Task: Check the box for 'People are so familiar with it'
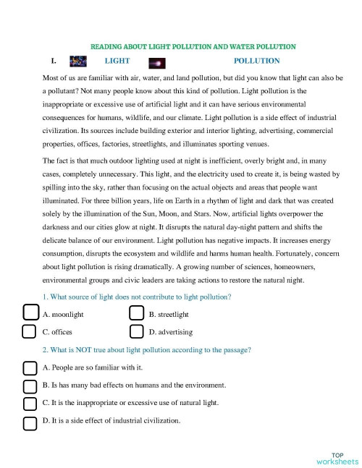(30, 367)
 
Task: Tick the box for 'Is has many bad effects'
(30, 385)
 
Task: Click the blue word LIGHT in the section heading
(117, 61)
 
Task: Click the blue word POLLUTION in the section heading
(257, 61)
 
